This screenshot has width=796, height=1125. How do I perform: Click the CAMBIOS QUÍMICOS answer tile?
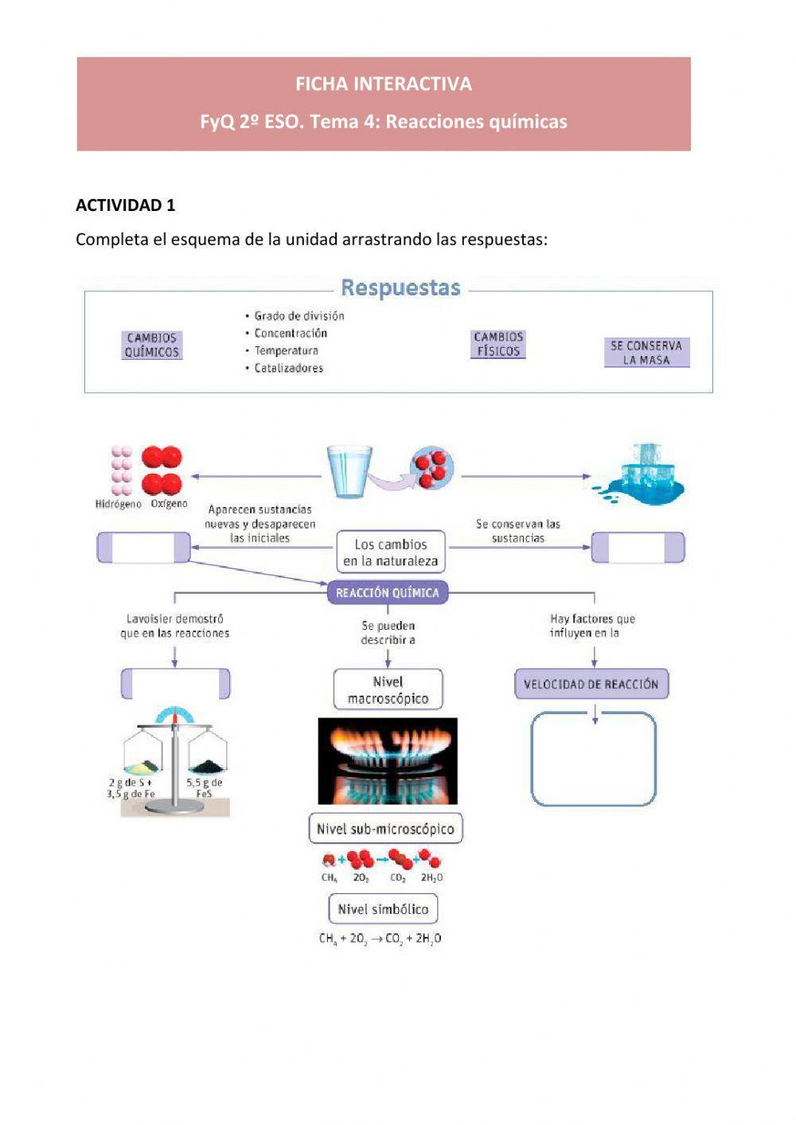point(152,345)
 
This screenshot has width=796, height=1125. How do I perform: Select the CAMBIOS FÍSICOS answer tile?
point(498,344)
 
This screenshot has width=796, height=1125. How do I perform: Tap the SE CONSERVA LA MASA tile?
point(646,353)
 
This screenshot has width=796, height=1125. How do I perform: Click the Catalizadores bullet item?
point(288,368)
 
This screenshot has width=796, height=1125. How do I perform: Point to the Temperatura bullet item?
point(286,350)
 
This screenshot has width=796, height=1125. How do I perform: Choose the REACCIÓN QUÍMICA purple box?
point(388,592)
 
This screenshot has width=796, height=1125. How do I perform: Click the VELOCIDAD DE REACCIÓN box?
point(591,684)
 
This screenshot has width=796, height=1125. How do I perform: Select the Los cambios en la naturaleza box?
point(390,553)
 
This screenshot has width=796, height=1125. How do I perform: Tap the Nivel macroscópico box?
point(388,689)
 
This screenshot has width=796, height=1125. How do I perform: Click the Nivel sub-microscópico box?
point(385,829)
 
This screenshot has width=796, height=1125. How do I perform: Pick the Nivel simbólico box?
point(383,909)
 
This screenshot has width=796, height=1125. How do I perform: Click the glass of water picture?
point(349,471)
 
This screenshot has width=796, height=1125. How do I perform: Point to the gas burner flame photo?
point(388,761)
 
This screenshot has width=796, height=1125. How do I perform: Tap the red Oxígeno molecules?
point(162,471)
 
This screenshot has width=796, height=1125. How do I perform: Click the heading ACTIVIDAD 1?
point(125,205)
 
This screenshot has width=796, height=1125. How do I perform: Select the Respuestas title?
point(400,288)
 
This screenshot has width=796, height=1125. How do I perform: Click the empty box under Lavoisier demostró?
point(175,684)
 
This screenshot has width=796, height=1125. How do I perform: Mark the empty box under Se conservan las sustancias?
point(638,548)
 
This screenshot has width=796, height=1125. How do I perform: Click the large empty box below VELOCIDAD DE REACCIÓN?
point(594,759)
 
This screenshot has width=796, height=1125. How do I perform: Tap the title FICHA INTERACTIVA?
point(384,84)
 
